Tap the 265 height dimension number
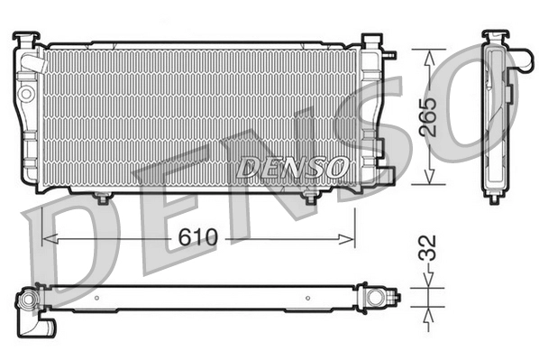pos(432,115)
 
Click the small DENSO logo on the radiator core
pos(292,167)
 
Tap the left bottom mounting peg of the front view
pos(103,197)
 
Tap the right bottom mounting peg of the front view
pos(311,197)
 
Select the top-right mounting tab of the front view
pos(370,41)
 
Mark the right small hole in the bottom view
pos(308,296)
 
